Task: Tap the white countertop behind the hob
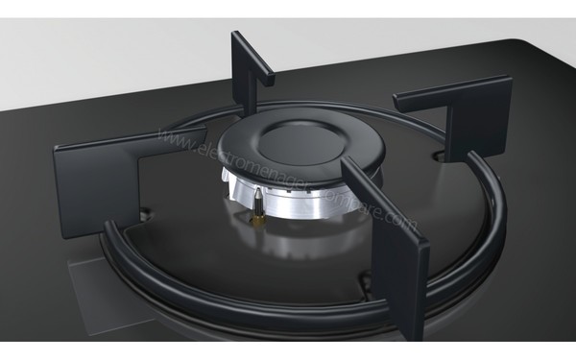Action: point(144,48)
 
